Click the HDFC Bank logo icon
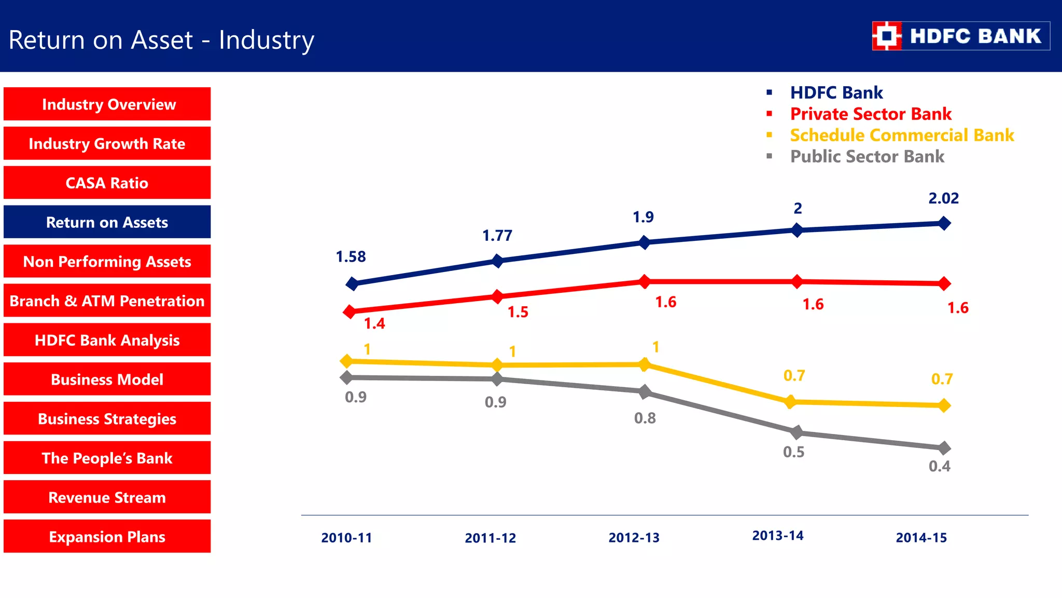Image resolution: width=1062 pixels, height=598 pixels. [887, 36]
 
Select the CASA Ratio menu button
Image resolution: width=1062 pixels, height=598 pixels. [107, 183]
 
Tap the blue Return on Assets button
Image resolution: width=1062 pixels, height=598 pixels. [107, 222]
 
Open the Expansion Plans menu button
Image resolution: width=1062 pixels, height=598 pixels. [107, 536]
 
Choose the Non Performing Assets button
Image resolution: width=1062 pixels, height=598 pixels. [107, 262]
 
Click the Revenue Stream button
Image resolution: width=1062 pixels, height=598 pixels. [107, 497]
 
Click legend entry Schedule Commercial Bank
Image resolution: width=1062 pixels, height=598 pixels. [901, 135]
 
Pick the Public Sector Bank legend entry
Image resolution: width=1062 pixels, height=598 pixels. [867, 156]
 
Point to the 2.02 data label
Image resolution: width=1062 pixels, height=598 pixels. [943, 198]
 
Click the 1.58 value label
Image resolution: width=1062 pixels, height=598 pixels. [351, 256]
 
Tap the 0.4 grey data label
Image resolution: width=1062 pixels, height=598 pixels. [939, 466]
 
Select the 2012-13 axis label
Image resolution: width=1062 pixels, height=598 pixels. [634, 538]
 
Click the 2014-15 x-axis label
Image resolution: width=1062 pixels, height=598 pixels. [921, 538]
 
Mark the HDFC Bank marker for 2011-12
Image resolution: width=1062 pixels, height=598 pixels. [497, 261]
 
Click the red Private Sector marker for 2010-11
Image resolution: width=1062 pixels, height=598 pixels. [350, 311]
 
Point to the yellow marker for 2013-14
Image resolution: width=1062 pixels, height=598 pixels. [790, 401]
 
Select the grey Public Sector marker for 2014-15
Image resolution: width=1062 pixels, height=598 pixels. [944, 447]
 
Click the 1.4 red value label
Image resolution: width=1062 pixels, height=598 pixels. [374, 324]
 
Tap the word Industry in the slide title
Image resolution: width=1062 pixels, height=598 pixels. [267, 40]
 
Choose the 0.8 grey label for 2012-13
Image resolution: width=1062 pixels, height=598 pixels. [645, 418]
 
